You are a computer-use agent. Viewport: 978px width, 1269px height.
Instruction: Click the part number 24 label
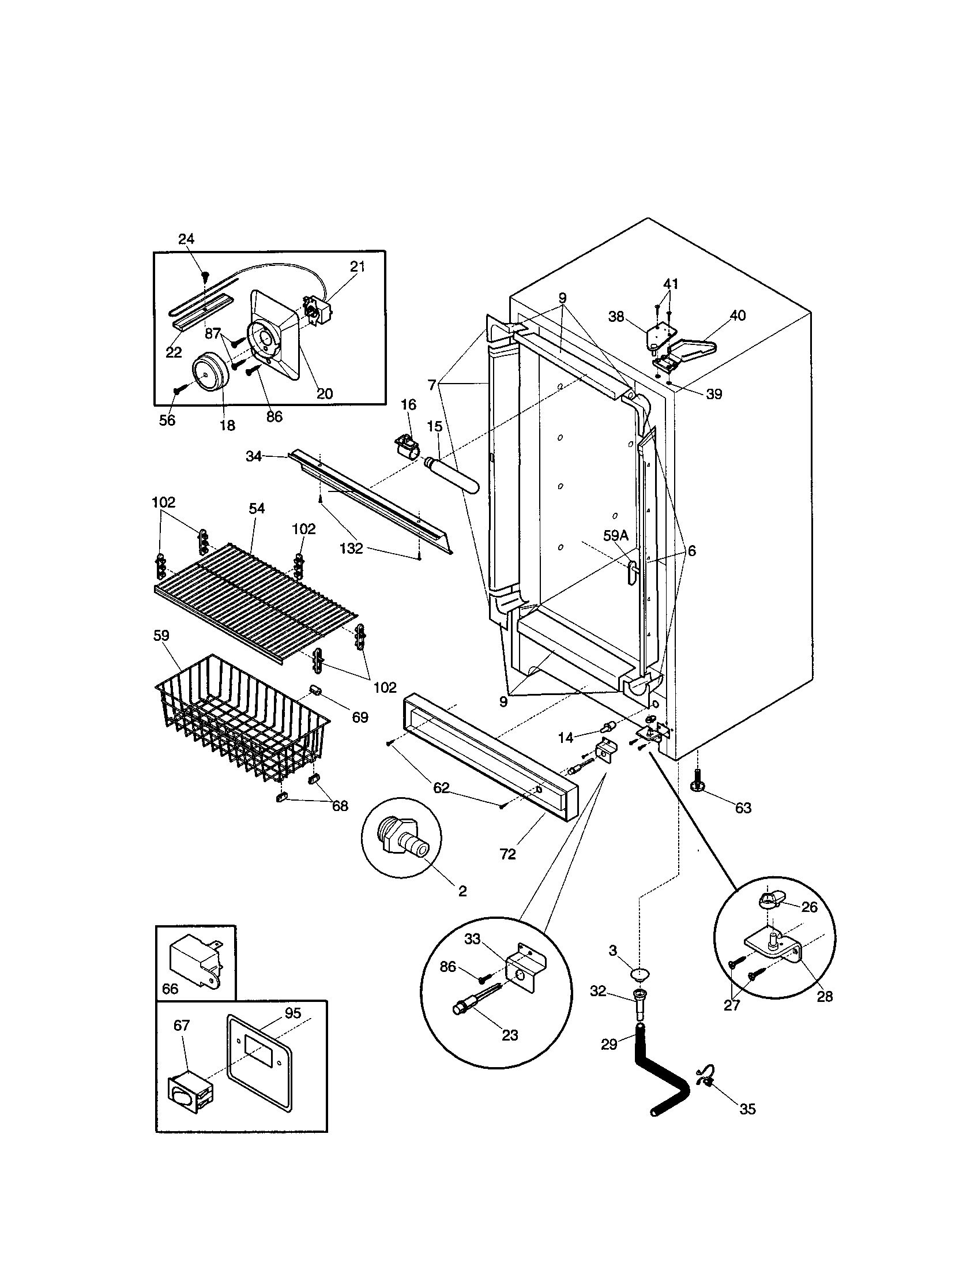click(186, 239)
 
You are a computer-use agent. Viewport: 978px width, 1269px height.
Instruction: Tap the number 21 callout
click(357, 266)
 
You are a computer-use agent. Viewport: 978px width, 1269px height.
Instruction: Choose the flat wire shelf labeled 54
click(255, 599)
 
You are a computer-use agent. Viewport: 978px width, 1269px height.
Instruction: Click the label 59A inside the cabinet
click(616, 536)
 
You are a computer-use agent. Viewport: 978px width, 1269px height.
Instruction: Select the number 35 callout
click(747, 1109)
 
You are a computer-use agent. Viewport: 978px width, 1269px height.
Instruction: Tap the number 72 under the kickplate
click(507, 854)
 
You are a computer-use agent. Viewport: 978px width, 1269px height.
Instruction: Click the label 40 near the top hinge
click(738, 316)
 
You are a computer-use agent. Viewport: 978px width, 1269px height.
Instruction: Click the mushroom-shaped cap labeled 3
click(640, 974)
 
